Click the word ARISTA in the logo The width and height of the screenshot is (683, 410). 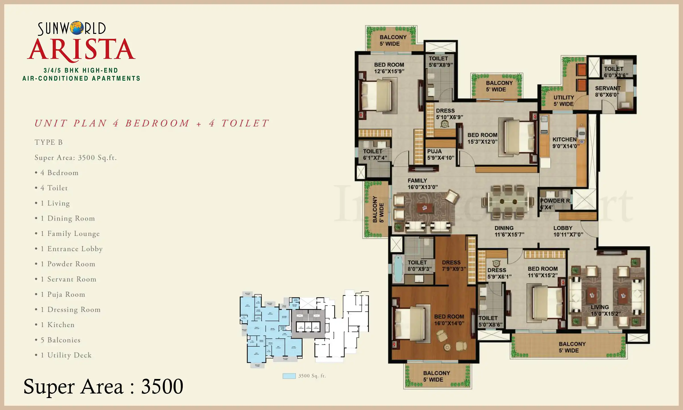81,50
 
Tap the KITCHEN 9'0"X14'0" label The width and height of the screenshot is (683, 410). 565,143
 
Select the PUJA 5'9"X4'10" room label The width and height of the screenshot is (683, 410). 440,155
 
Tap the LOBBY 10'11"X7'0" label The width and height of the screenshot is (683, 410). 568,231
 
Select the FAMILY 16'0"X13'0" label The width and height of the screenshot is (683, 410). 422,184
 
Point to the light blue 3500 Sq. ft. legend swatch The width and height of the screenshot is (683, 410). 289,376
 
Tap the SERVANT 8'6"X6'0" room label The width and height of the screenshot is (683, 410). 607,91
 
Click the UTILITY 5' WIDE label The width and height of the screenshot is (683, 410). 563,101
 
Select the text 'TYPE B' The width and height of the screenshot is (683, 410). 48,142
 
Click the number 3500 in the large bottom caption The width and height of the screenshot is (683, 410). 162,386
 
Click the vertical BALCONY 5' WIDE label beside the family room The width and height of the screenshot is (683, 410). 378,209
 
